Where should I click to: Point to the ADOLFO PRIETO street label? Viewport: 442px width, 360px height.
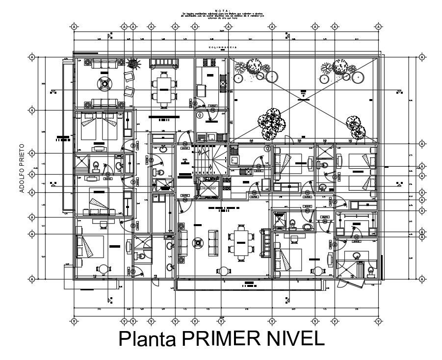click(x=22, y=168)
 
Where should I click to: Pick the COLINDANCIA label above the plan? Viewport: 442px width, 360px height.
click(x=223, y=47)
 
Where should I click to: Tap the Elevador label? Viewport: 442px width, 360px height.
click(x=208, y=187)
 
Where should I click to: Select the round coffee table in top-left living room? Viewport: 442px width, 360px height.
click(x=105, y=83)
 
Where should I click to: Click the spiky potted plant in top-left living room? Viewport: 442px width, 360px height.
click(x=131, y=63)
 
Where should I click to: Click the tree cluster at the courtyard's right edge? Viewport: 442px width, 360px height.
click(x=355, y=127)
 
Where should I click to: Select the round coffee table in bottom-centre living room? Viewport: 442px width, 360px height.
click(x=198, y=242)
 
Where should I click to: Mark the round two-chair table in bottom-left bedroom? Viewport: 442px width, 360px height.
click(x=104, y=269)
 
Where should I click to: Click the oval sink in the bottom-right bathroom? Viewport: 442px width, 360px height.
click(x=357, y=256)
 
